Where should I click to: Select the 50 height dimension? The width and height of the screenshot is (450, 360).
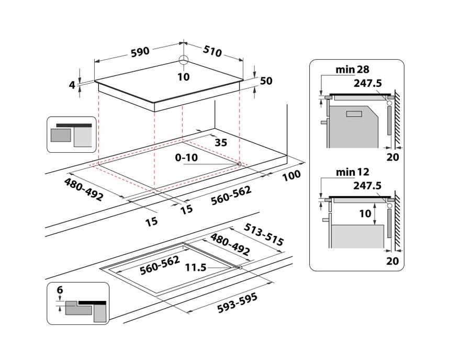tap(266, 81)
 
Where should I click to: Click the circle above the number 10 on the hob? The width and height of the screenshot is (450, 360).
tap(184, 60)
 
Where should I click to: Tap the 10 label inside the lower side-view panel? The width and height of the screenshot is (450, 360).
tap(365, 213)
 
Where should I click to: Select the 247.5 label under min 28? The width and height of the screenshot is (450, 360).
tap(367, 82)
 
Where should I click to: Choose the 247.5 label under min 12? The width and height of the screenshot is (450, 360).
tap(367, 185)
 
